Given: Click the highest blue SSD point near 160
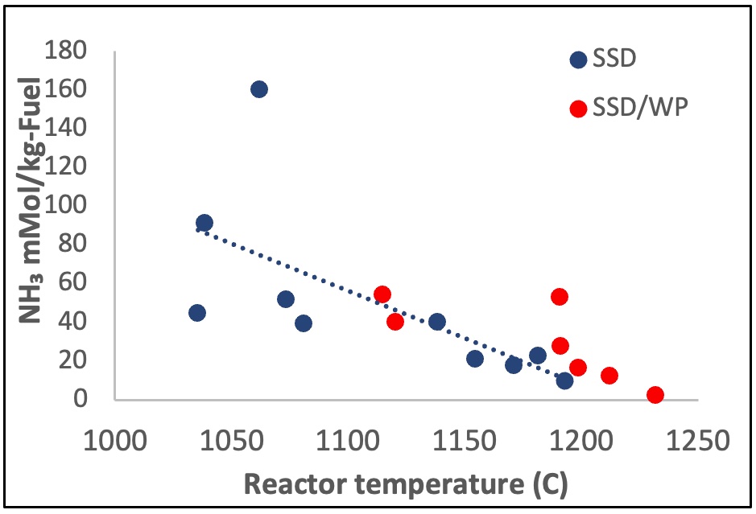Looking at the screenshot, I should point(258,89).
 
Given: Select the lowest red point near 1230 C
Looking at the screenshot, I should point(655,395).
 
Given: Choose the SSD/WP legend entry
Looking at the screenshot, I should point(629,107).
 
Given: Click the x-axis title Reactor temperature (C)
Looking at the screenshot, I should point(405,485).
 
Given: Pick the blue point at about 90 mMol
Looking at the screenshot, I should point(204,223).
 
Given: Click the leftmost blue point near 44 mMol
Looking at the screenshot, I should point(196,313).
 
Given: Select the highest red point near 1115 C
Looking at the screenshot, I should point(382,294).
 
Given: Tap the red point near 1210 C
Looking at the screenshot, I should point(609,376).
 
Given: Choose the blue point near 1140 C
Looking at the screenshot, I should point(437,322).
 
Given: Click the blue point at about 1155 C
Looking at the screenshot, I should point(475,359).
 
